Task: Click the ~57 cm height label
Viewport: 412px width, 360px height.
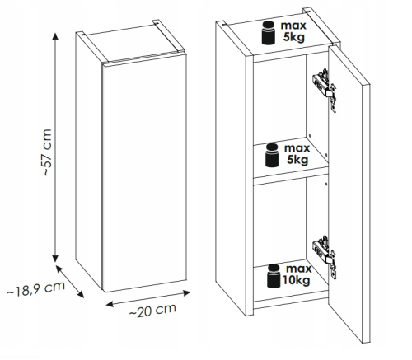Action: coord(48,152)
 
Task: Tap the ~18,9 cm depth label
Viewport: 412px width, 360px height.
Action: coord(36,289)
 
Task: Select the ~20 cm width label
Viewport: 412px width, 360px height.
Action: coord(152,311)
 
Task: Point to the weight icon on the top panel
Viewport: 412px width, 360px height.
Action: coord(269,33)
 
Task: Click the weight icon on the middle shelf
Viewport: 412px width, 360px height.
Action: coord(272,155)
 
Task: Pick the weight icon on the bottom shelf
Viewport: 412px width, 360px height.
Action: coord(274,276)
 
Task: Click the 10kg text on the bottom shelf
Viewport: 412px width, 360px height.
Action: coord(297,281)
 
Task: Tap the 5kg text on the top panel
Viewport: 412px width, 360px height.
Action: coord(294,37)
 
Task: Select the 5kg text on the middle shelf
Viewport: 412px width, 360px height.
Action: coord(297,160)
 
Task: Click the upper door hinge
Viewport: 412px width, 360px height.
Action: coord(325,89)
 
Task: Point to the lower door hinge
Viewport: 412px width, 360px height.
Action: coord(325,256)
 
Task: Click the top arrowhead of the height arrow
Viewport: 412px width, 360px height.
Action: coord(55,36)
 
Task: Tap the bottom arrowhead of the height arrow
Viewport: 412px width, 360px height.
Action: coord(55,258)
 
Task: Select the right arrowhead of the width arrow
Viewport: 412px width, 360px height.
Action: coord(187,293)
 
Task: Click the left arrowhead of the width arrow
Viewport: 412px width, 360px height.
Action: coord(110,304)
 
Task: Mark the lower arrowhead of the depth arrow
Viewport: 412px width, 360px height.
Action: coord(80,294)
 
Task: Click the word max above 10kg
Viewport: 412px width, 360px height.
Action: coord(299,269)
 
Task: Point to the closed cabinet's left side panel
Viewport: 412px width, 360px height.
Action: coord(89,161)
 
